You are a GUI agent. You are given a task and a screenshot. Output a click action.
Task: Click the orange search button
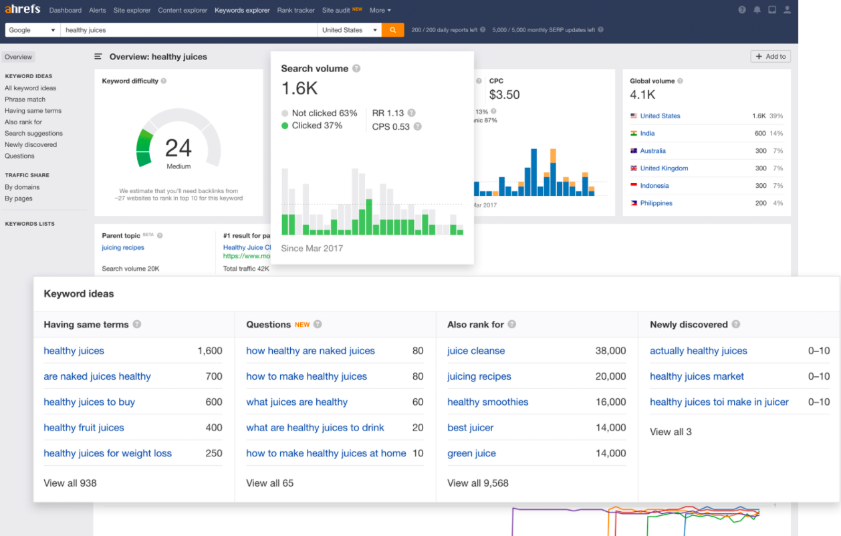(x=393, y=30)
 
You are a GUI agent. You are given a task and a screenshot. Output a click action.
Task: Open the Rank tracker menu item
(x=295, y=10)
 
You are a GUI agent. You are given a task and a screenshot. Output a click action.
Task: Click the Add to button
(x=770, y=57)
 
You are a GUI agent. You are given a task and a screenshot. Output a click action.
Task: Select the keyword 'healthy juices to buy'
(x=89, y=402)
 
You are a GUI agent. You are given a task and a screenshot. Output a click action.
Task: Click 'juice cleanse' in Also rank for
(x=476, y=351)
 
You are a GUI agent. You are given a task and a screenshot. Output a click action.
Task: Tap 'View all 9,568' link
(x=477, y=483)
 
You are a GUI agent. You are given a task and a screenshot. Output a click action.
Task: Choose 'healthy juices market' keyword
(x=697, y=376)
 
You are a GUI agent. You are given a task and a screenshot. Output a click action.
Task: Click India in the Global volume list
(x=647, y=134)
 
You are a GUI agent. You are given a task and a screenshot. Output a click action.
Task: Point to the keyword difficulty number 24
(x=178, y=148)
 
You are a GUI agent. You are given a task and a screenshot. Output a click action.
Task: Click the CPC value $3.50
(x=504, y=95)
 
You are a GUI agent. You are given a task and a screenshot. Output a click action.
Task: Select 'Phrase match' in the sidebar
(x=25, y=100)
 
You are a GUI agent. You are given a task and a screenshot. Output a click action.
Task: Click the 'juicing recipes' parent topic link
(x=123, y=248)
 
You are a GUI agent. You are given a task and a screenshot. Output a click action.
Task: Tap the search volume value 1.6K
(x=299, y=88)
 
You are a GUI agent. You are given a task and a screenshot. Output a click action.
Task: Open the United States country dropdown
(x=350, y=30)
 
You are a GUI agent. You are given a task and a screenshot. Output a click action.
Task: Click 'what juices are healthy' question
(x=297, y=402)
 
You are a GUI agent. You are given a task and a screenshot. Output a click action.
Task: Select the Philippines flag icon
(x=633, y=203)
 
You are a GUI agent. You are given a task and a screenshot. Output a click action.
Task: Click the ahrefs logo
(x=23, y=9)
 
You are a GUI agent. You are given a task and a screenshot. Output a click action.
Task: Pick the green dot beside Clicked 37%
(x=285, y=126)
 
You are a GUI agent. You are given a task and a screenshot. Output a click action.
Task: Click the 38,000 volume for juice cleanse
(x=610, y=351)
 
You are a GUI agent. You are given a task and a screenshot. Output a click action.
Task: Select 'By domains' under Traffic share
(x=22, y=187)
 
